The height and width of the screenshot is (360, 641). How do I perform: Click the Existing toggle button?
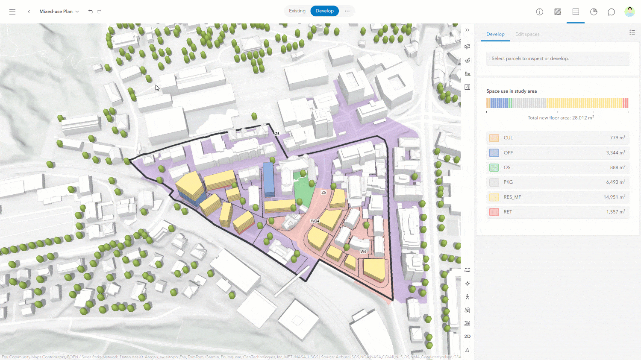pyautogui.click(x=297, y=11)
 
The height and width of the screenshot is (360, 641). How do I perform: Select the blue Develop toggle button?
pyautogui.click(x=324, y=11)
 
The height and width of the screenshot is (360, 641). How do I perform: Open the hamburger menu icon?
pyautogui.click(x=12, y=12)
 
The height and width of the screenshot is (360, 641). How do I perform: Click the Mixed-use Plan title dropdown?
pyautogui.click(x=59, y=12)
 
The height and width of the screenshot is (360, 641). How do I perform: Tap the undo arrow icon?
pyautogui.click(x=90, y=12)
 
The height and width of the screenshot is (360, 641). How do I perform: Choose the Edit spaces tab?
pyautogui.click(x=527, y=34)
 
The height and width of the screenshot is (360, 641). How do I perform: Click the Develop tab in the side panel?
pyautogui.click(x=495, y=34)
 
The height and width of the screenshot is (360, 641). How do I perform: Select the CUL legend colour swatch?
pyautogui.click(x=494, y=138)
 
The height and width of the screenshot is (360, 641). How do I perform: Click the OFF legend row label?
pyautogui.click(x=508, y=153)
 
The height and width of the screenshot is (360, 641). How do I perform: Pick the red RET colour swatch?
pyautogui.click(x=494, y=212)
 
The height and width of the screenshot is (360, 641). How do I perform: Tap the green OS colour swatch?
pyautogui.click(x=494, y=167)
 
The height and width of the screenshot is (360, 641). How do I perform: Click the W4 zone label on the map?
pyautogui.click(x=363, y=252)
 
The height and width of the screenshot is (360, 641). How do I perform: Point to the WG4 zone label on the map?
pyautogui.click(x=315, y=221)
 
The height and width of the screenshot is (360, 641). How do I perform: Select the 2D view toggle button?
pyautogui.click(x=468, y=337)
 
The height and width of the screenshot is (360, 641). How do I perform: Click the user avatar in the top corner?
pyautogui.click(x=629, y=12)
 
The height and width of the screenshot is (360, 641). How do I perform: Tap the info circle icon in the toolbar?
pyautogui.click(x=540, y=12)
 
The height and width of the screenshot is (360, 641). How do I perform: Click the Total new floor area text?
pyautogui.click(x=560, y=118)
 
